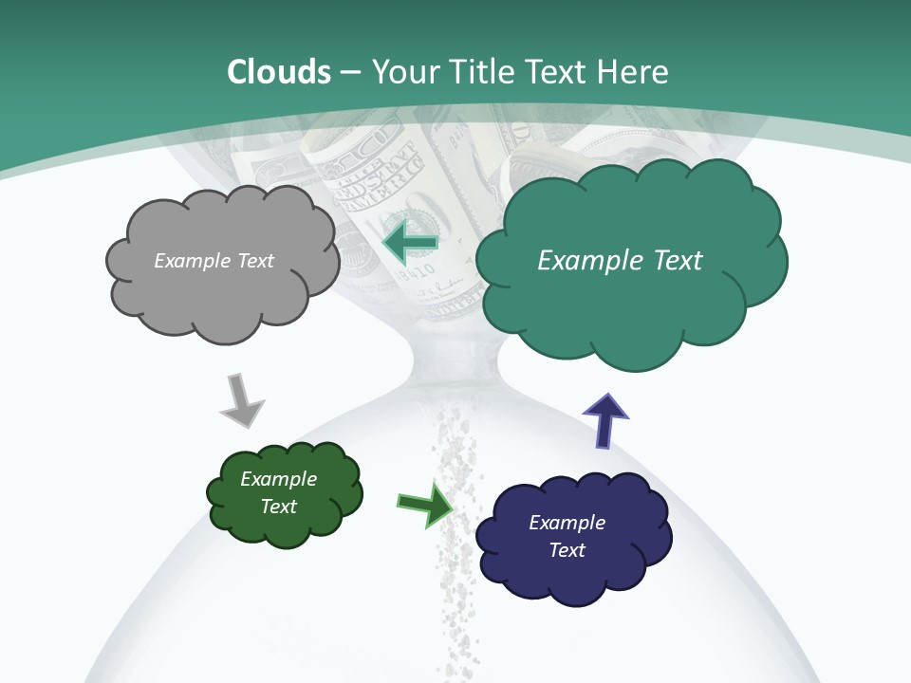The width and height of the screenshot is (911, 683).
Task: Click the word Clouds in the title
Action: pyautogui.click(x=279, y=72)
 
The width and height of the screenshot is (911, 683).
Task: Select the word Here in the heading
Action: pyautogui.click(x=633, y=72)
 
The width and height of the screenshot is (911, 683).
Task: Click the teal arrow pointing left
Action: pyautogui.click(x=409, y=244)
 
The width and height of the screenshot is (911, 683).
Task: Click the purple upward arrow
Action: pyautogui.click(x=605, y=419)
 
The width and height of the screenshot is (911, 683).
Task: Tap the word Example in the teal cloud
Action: pyautogui.click(x=590, y=261)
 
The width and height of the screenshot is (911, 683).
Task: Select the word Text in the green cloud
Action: pyautogui.click(x=279, y=507)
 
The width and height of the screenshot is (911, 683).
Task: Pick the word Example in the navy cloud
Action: pyautogui.click(x=567, y=523)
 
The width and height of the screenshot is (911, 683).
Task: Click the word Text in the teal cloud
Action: pyautogui.click(x=678, y=261)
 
